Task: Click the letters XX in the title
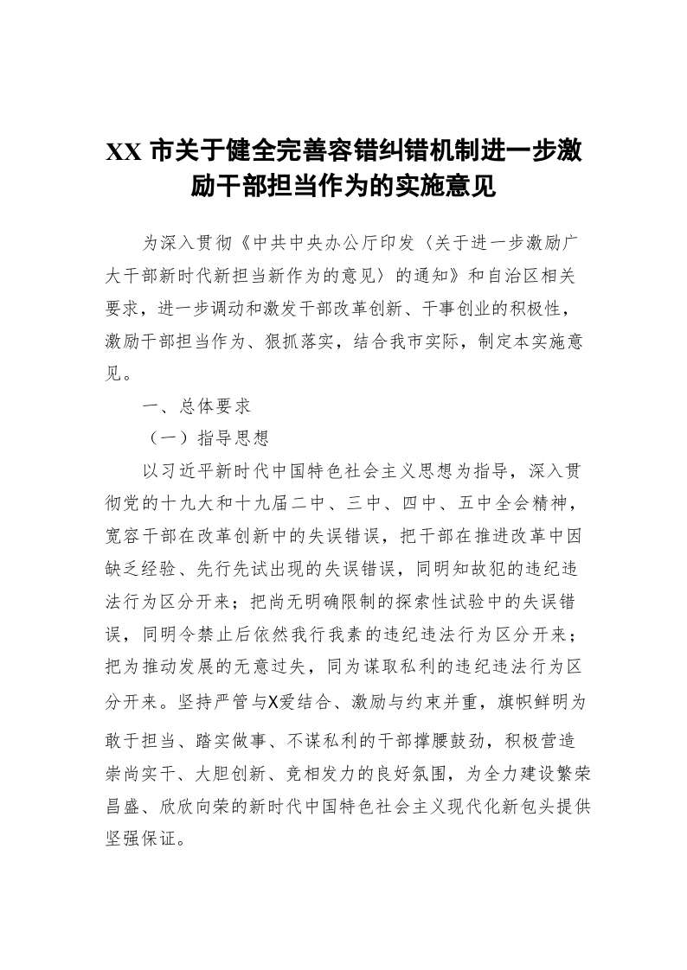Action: (125, 152)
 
